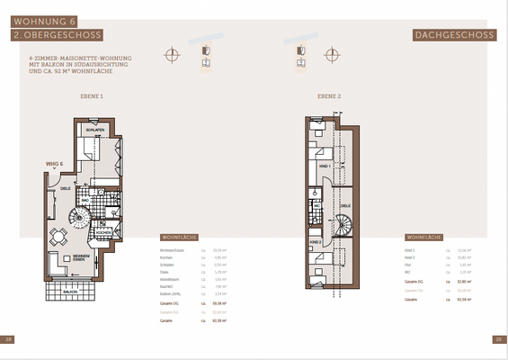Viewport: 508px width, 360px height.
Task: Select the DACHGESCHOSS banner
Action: pos(454,36)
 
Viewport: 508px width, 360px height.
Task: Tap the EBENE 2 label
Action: pos(329,95)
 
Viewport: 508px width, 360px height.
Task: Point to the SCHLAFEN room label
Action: pos(97,131)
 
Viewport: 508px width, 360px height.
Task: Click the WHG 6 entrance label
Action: pos(54,163)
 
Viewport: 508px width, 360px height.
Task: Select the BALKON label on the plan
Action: pos(70,292)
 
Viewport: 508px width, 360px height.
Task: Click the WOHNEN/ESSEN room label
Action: pos(83,257)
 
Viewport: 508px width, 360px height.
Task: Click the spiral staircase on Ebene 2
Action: pos(345,231)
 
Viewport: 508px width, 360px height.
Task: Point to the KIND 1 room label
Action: pos(325,167)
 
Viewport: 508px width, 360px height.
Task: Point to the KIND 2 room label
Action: pos(316,242)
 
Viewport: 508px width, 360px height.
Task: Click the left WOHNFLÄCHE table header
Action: pos(167,238)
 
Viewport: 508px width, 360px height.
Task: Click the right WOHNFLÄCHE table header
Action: pos(423,238)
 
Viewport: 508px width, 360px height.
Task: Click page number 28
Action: pos(8,339)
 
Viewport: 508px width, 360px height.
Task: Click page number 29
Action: pos(499,339)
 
